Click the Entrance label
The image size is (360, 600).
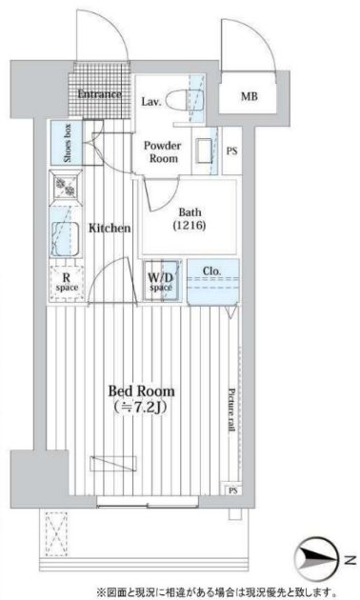(x=99, y=93)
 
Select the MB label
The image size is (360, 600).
(x=250, y=96)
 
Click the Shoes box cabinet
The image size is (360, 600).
(x=66, y=143)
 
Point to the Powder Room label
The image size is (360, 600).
(x=163, y=152)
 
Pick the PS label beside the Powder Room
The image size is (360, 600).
(x=231, y=150)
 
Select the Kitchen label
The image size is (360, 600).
(x=110, y=228)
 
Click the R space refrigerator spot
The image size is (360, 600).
(x=67, y=283)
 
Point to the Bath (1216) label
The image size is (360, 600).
(x=190, y=219)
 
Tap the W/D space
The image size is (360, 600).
(x=161, y=281)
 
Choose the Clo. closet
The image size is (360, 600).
(x=213, y=282)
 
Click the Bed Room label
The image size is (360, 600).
(x=142, y=391)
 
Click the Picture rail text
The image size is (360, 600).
(x=231, y=410)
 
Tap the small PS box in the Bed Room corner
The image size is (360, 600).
(x=233, y=490)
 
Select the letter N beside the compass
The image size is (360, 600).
(x=348, y=561)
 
